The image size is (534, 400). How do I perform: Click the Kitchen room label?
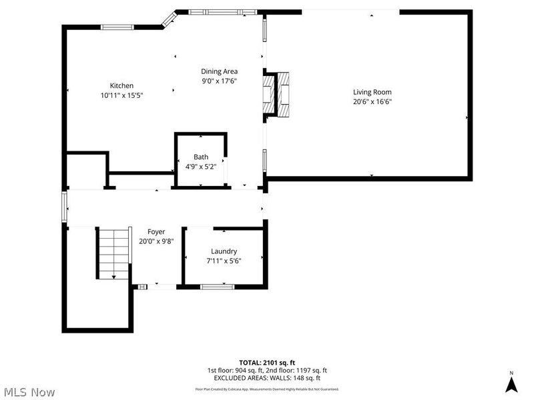click(121, 85)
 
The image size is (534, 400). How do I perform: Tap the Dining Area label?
click(220, 71)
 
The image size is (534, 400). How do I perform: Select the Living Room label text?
click(372, 92)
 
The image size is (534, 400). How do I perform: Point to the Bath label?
click(201, 157)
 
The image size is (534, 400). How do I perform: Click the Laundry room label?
click(224, 251)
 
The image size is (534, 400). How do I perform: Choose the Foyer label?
click(156, 231)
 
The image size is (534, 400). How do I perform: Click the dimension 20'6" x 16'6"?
click(372, 102)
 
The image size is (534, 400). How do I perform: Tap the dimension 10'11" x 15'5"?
click(121, 95)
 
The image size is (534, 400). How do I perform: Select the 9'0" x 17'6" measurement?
click(220, 81)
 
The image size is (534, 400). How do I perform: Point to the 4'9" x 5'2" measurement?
click(201, 167)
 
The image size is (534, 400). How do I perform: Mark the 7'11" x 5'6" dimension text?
click(224, 261)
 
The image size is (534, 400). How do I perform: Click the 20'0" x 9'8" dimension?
click(156, 241)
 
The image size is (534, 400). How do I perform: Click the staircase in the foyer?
click(113, 253)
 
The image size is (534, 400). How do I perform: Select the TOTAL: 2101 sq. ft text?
click(266, 362)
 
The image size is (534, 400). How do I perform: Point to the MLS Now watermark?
click(29, 392)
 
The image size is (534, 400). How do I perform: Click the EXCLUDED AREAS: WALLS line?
click(266, 378)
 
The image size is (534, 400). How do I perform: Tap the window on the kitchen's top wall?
click(117, 27)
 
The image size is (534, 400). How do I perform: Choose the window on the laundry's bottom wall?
click(218, 287)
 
